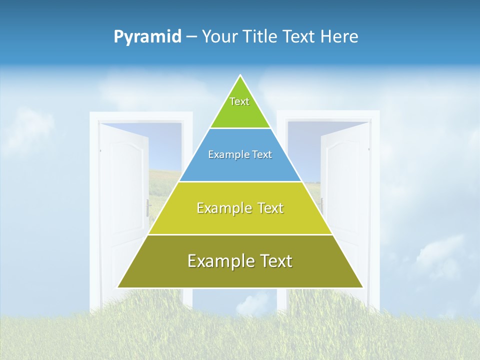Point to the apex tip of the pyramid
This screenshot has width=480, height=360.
240,75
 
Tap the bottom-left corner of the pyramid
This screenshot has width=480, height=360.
118,287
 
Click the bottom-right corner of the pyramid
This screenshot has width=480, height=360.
362,287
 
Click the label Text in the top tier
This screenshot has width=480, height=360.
239,101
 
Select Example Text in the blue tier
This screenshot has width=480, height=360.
240,154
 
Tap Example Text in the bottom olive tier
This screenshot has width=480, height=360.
240,261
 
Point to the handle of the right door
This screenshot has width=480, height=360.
322,205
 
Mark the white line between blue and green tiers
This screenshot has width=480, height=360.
240,128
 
